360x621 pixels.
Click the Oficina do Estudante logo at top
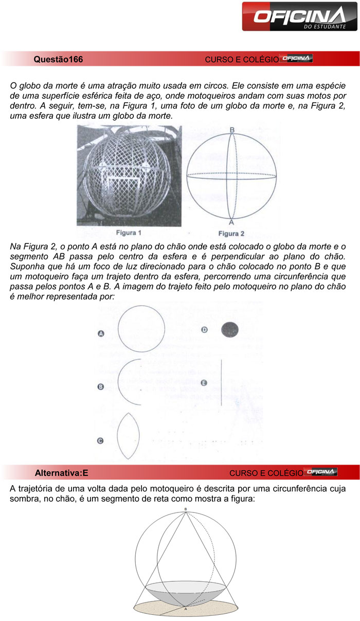tap(300, 16)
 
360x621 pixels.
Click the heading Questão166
tap(58, 59)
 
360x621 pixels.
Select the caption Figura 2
tap(231, 233)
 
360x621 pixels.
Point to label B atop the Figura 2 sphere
tap(232, 130)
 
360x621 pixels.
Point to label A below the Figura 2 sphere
tap(231, 223)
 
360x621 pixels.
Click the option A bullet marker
tap(101, 334)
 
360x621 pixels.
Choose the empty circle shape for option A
tap(141, 329)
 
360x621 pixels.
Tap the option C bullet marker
tap(101, 440)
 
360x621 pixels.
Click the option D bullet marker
tap(204, 330)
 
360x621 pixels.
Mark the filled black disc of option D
tap(230, 329)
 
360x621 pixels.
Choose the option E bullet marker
tap(204, 383)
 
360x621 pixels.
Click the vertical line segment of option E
tap(221, 383)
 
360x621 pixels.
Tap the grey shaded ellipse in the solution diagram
tap(186, 592)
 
